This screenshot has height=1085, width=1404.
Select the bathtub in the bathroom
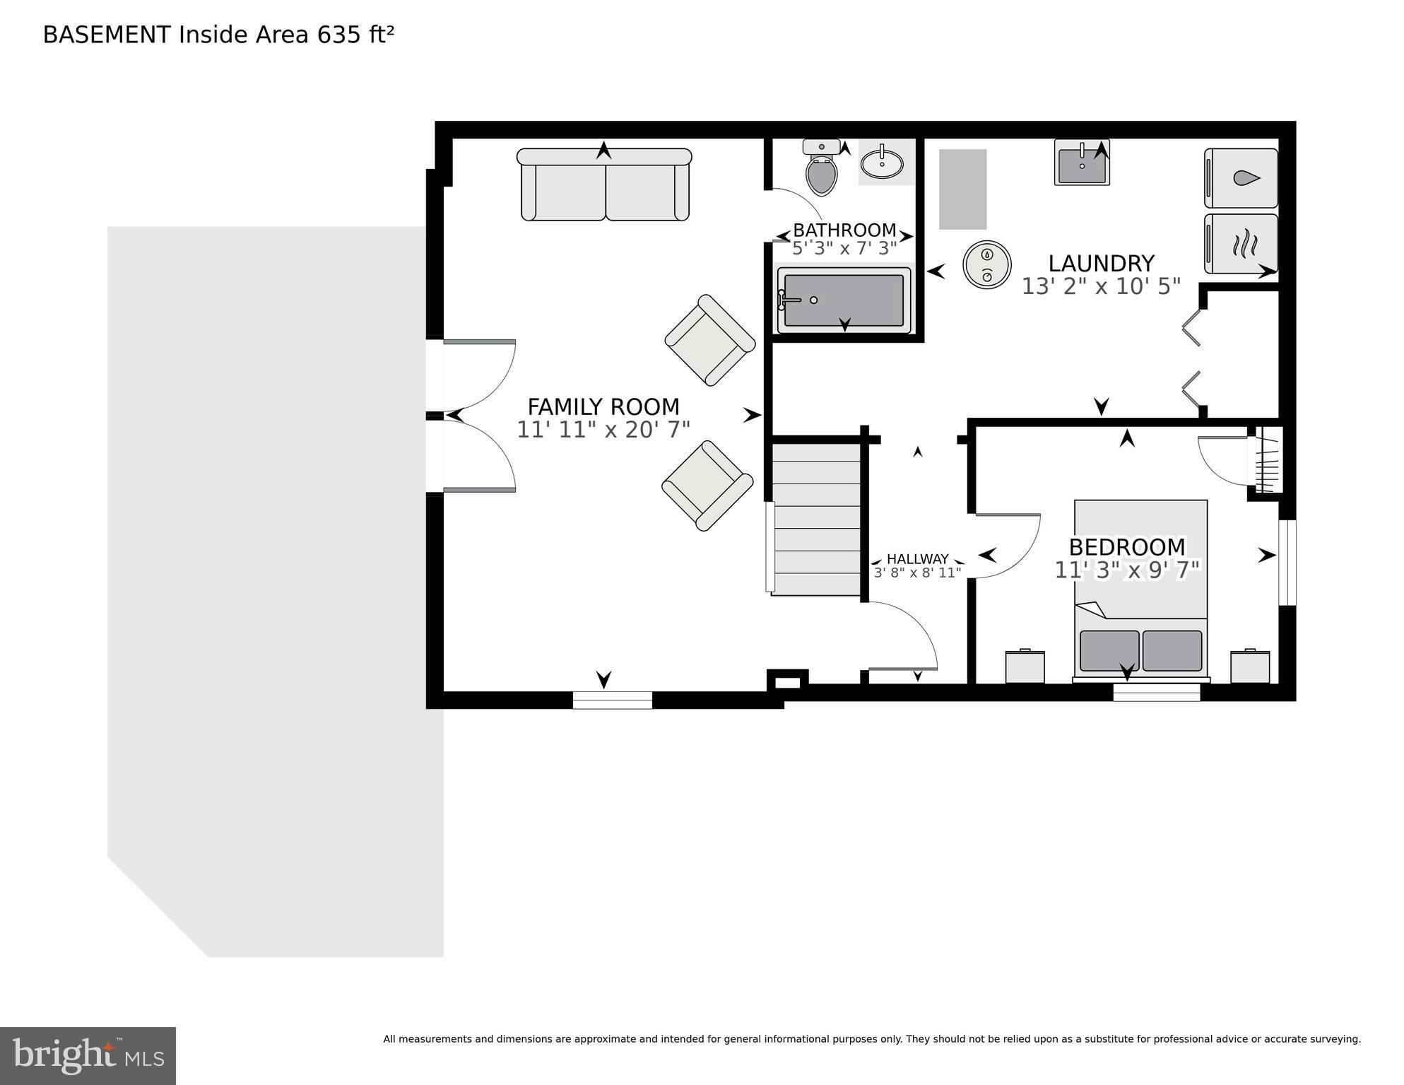[x=844, y=301]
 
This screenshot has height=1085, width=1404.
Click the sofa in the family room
[x=604, y=185]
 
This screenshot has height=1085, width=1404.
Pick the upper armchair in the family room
[x=709, y=340]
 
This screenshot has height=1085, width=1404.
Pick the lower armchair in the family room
[x=707, y=486]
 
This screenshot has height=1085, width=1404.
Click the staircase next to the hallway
[x=815, y=520]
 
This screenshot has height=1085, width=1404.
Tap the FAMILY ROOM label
[x=603, y=407]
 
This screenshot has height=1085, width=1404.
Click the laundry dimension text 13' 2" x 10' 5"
[x=1101, y=286]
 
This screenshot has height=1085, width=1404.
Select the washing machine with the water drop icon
[x=1241, y=178]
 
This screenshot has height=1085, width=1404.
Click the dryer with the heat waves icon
[x=1241, y=244]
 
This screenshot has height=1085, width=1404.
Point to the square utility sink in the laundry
[x=1082, y=164]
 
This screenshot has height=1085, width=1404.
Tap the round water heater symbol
[x=987, y=264]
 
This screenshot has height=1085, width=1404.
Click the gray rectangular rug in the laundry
[x=962, y=189]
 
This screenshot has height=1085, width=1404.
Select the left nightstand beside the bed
[x=1025, y=667]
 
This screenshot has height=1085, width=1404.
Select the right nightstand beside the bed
[x=1250, y=667]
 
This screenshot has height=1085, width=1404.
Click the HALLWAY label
[x=917, y=559]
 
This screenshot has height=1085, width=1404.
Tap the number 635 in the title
[x=338, y=35]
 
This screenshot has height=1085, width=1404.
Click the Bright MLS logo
[x=88, y=1056]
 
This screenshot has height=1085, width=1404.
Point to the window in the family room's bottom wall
[x=612, y=700]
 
